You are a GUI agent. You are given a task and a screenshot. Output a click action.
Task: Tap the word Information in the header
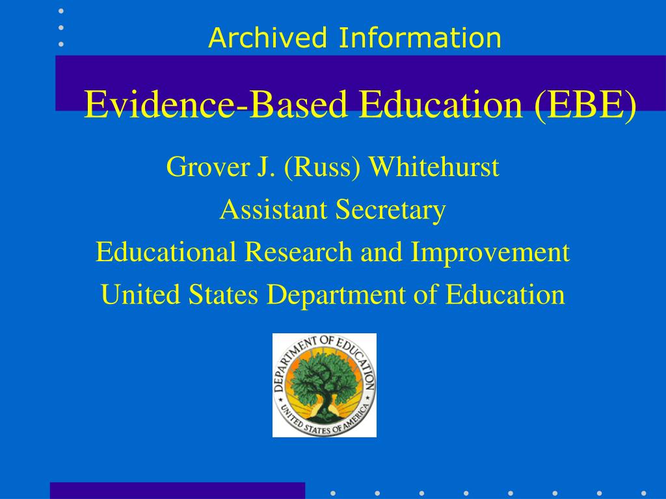tap(420, 38)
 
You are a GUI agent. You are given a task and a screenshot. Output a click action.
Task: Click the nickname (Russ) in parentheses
tap(323, 167)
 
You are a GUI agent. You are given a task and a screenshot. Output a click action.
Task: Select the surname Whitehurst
tap(434, 167)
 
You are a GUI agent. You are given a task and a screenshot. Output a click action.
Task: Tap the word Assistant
tap(274, 209)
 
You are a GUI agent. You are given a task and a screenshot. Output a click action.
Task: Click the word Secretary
tap(391, 209)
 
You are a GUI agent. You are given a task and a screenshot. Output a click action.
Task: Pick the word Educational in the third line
tap(166, 252)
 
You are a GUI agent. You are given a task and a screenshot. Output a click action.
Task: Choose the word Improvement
tap(490, 252)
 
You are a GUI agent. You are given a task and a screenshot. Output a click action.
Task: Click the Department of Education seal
tap(325, 385)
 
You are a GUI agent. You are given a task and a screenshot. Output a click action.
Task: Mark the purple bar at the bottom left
tap(177, 491)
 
